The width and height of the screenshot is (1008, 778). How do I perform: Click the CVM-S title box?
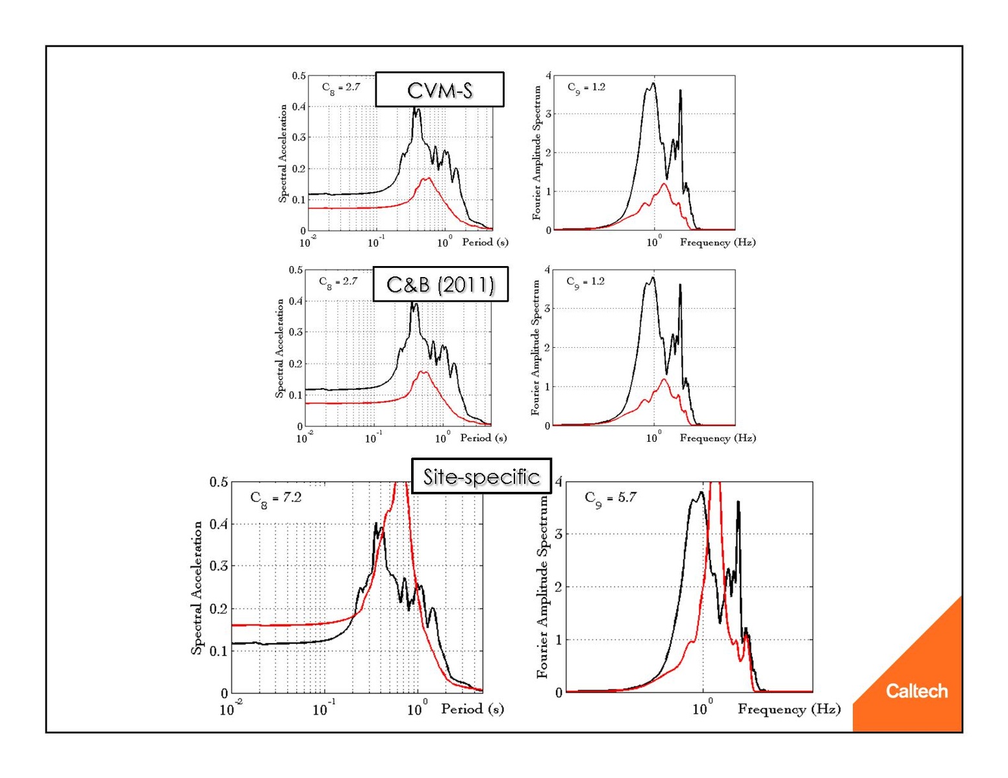(x=440, y=90)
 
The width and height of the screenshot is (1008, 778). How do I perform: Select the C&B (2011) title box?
(x=440, y=284)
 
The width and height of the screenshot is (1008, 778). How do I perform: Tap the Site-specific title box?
(x=481, y=476)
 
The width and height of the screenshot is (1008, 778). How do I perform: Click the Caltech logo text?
(x=916, y=691)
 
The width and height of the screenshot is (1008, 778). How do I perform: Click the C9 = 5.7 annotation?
(x=611, y=498)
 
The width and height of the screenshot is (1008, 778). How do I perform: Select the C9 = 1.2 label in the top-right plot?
(x=586, y=87)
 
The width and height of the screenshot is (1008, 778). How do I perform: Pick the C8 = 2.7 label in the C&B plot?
(x=338, y=282)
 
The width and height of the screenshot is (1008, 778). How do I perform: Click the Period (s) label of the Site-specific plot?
(x=472, y=709)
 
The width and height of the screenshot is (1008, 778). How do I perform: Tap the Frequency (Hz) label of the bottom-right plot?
(x=788, y=709)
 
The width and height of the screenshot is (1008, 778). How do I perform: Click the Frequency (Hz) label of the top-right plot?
(x=718, y=242)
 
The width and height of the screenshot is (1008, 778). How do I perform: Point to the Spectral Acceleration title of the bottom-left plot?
(x=196, y=588)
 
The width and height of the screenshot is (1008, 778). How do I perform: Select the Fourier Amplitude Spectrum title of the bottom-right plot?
(x=542, y=587)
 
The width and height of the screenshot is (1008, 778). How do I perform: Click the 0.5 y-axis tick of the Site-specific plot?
(x=219, y=482)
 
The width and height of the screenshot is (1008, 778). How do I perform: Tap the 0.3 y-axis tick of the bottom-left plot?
(x=219, y=566)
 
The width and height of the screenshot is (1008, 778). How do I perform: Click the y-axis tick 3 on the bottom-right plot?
(x=559, y=534)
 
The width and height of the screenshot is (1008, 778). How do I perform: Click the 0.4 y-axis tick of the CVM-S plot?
(x=298, y=106)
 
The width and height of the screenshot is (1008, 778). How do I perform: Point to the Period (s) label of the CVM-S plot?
(x=485, y=242)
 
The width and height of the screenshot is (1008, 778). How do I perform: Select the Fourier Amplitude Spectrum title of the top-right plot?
(x=536, y=153)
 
